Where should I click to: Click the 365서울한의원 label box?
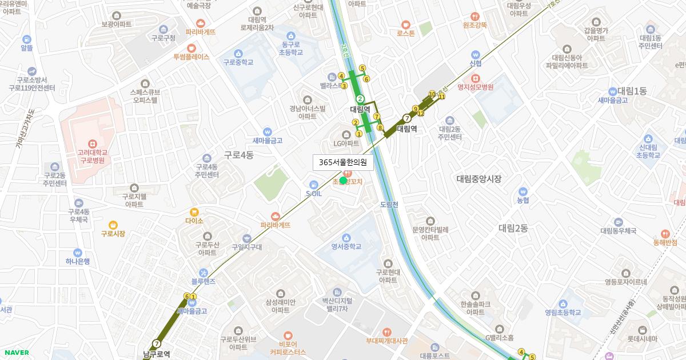click(x=343, y=162)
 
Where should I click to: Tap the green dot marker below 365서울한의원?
click(x=343, y=181)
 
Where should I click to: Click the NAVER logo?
click(x=15, y=353)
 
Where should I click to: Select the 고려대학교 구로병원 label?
click(x=93, y=157)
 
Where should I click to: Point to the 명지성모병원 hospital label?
click(x=475, y=87)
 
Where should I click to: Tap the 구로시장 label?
click(x=113, y=233)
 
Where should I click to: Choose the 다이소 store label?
click(x=194, y=220)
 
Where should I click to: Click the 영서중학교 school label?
click(x=346, y=247)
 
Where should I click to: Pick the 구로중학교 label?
click(x=238, y=62)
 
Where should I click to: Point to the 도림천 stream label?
click(x=389, y=204)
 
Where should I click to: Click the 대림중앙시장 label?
click(x=478, y=179)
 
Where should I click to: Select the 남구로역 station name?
click(x=156, y=354)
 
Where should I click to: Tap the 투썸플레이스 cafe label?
click(x=192, y=57)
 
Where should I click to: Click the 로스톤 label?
click(x=405, y=33)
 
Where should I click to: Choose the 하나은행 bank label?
click(x=78, y=261)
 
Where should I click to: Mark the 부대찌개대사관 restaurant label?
click(x=387, y=341)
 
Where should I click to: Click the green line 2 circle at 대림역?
click(x=360, y=99)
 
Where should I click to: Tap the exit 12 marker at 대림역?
click(x=421, y=113)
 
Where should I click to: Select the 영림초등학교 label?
click(x=563, y=313)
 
